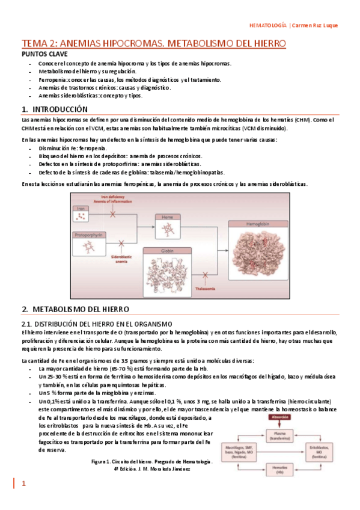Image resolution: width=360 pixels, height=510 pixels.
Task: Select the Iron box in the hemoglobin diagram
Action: [x=83, y=213]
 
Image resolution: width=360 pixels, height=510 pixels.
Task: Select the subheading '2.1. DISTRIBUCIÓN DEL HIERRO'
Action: [x=96, y=324]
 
